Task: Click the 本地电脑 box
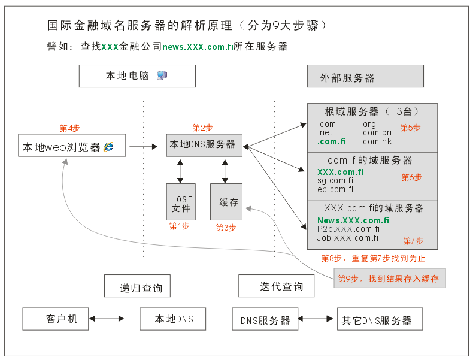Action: (137, 76)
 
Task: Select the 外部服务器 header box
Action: (365, 77)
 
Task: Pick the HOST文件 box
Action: (181, 202)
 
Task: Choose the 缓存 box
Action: (226, 202)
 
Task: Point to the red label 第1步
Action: (179, 226)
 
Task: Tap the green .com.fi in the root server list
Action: (332, 142)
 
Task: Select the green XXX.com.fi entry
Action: (340, 173)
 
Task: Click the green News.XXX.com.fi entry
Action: (353, 220)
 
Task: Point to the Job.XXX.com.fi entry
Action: (348, 238)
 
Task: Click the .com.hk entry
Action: (376, 142)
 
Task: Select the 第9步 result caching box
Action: (390, 279)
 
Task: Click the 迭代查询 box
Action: (278, 286)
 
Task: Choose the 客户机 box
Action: (55, 319)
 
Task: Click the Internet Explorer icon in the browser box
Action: (109, 146)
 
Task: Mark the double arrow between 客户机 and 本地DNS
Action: (114, 319)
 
